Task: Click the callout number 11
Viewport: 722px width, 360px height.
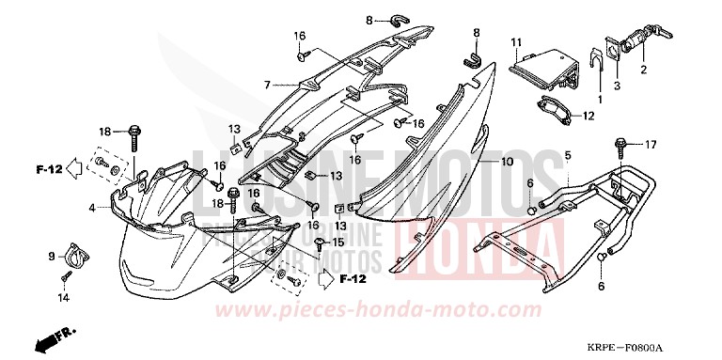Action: pyautogui.click(x=516, y=42)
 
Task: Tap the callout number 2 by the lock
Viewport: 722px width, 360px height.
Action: pyautogui.click(x=644, y=70)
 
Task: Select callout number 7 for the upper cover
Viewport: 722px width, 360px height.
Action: pyautogui.click(x=267, y=84)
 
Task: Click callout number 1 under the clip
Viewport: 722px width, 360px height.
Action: pyautogui.click(x=599, y=99)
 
